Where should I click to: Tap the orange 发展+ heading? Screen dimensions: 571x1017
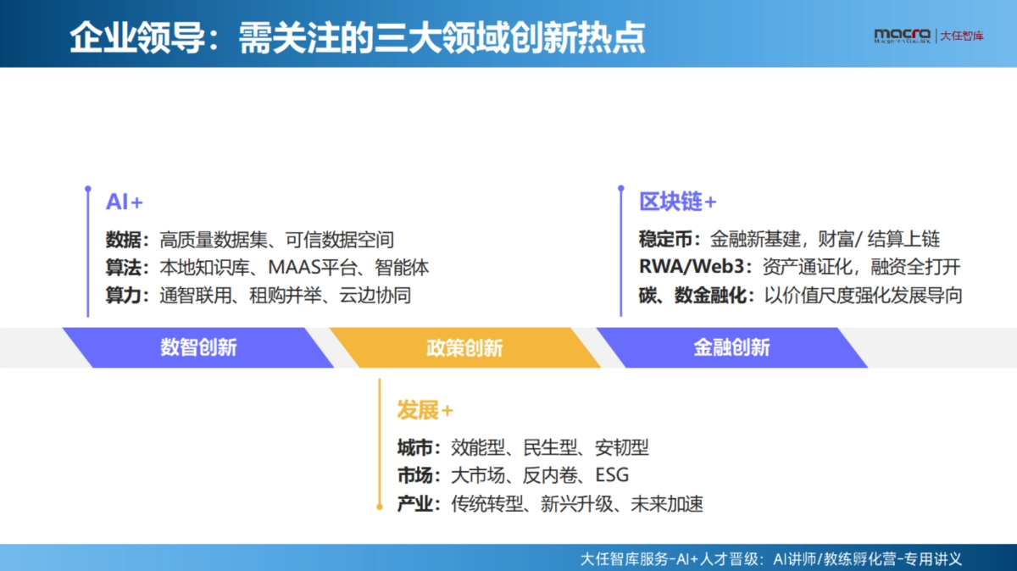pyautogui.click(x=425, y=411)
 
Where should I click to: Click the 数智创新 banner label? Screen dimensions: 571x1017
pyautogui.click(x=198, y=347)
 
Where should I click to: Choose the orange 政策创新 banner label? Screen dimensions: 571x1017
pyautogui.click(x=464, y=347)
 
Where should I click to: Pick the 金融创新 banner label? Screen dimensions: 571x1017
pyautogui.click(x=731, y=347)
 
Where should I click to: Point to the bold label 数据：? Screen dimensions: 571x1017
pyautogui.click(x=126, y=240)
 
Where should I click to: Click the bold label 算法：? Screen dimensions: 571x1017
pyautogui.click(x=126, y=268)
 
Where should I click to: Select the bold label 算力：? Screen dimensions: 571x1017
pyautogui.click(x=126, y=296)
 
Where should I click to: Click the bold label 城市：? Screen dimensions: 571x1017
pyautogui.click(x=419, y=448)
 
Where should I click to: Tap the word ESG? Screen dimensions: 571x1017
pyautogui.click(x=612, y=476)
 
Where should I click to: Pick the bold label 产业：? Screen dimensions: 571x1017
pyautogui.click(x=419, y=504)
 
